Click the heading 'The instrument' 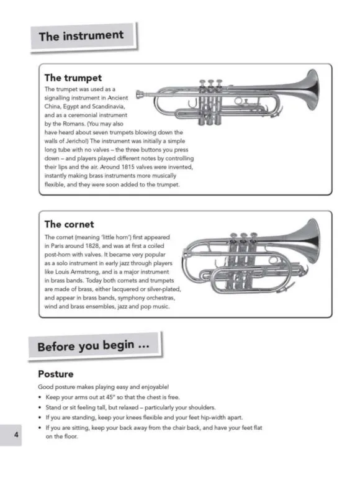click(x=81, y=35)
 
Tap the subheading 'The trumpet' click(x=73, y=78)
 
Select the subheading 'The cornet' click(x=69, y=224)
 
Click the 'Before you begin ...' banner click(x=94, y=346)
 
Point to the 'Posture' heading click(x=56, y=373)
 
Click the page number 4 click(x=16, y=434)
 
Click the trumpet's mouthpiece click(x=140, y=94)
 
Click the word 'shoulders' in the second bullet click(x=202, y=407)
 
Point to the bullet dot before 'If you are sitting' click(x=40, y=428)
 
